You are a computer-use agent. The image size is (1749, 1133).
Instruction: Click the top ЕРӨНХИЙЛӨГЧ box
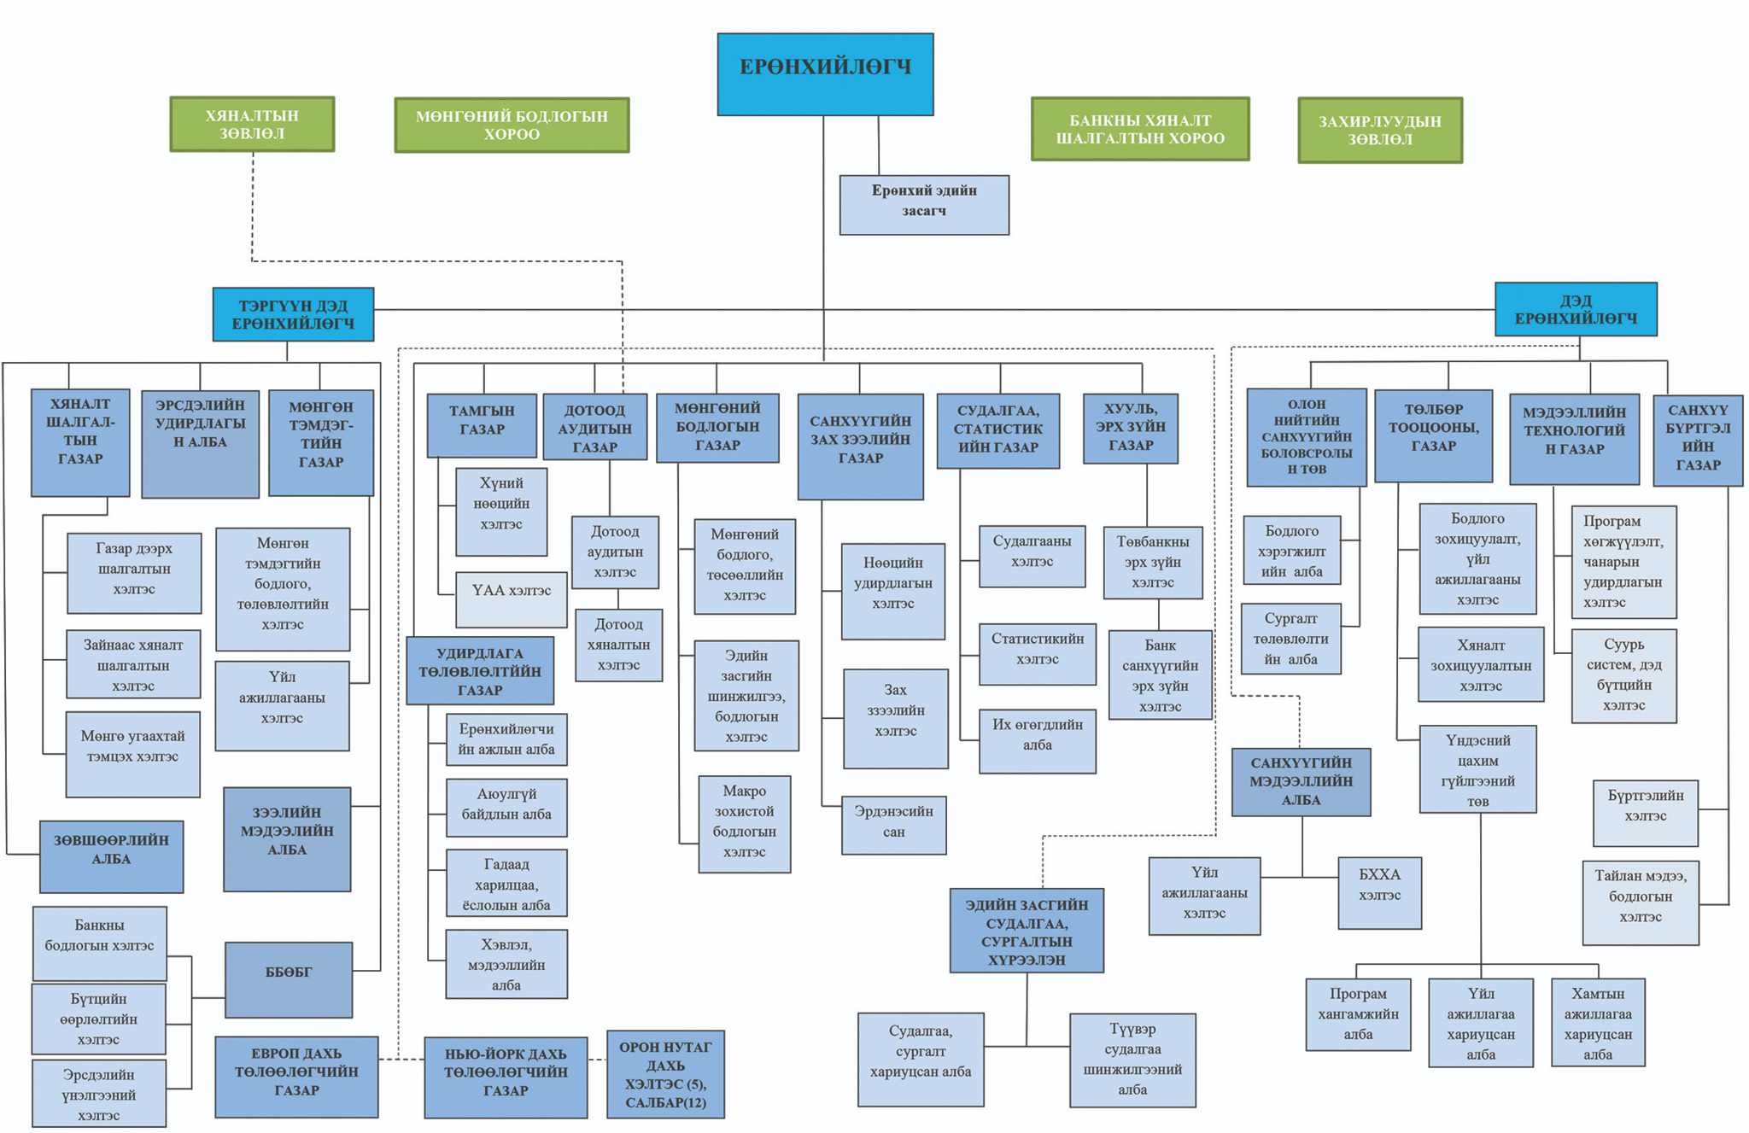825,74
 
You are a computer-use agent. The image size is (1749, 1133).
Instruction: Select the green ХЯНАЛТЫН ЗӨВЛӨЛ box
252,124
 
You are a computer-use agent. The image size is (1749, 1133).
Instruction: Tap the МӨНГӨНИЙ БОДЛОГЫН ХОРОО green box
512,125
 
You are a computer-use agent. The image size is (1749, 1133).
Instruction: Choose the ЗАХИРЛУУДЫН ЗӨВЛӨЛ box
1380,130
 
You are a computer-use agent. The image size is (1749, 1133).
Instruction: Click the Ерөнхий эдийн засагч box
924,205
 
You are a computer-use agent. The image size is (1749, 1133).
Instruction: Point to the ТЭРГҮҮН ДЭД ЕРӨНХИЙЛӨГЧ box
293,314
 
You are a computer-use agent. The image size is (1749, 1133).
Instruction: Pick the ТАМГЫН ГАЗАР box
482,425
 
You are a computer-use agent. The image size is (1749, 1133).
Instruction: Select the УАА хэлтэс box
512,599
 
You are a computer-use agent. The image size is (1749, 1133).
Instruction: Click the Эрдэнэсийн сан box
894,825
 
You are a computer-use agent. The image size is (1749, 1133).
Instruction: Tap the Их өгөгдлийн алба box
1038,741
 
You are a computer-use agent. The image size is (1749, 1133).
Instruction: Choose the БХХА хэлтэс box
1380,893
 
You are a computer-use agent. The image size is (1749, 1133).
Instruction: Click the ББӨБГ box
289,980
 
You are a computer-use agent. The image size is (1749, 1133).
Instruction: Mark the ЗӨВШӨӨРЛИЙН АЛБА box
112,856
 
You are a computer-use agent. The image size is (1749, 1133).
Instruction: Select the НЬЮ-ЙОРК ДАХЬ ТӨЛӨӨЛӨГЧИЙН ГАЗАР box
506,1078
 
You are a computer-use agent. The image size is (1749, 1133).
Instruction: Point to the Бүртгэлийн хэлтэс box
1646,813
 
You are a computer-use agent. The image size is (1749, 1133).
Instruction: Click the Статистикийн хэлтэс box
1038,654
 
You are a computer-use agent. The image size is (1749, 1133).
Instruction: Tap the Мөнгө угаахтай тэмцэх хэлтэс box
133,755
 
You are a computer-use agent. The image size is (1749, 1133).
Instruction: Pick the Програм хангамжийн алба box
1358,1014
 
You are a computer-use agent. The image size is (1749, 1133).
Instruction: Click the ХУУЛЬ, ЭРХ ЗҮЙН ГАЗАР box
1131,429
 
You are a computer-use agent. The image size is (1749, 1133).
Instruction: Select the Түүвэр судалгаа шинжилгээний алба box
1132,1060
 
